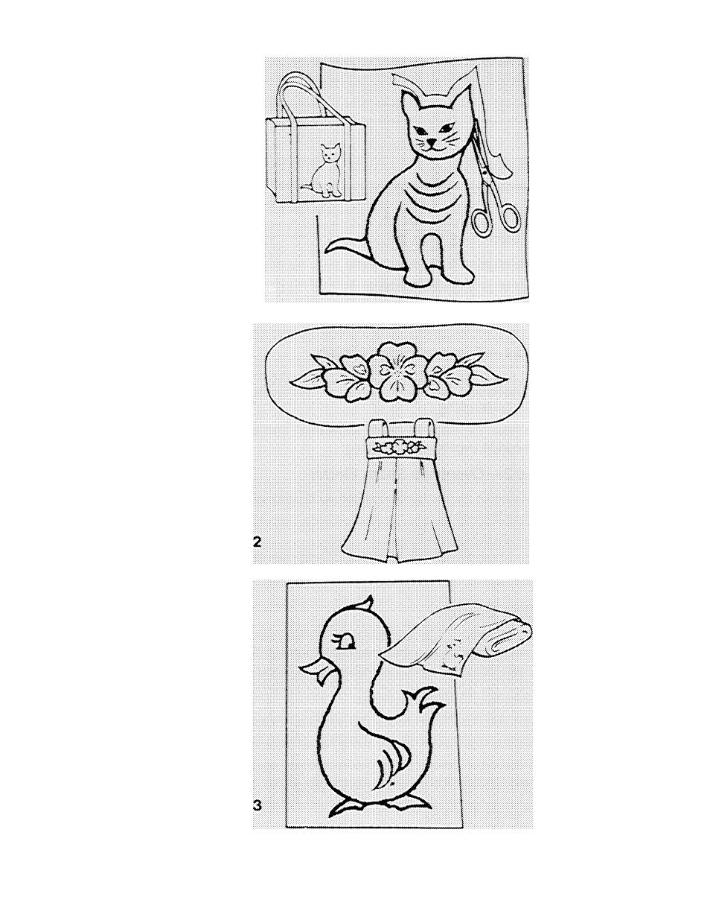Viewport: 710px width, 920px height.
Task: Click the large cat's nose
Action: [431, 141]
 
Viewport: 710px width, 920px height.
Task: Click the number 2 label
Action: [258, 542]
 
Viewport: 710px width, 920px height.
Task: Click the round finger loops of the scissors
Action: [496, 218]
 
